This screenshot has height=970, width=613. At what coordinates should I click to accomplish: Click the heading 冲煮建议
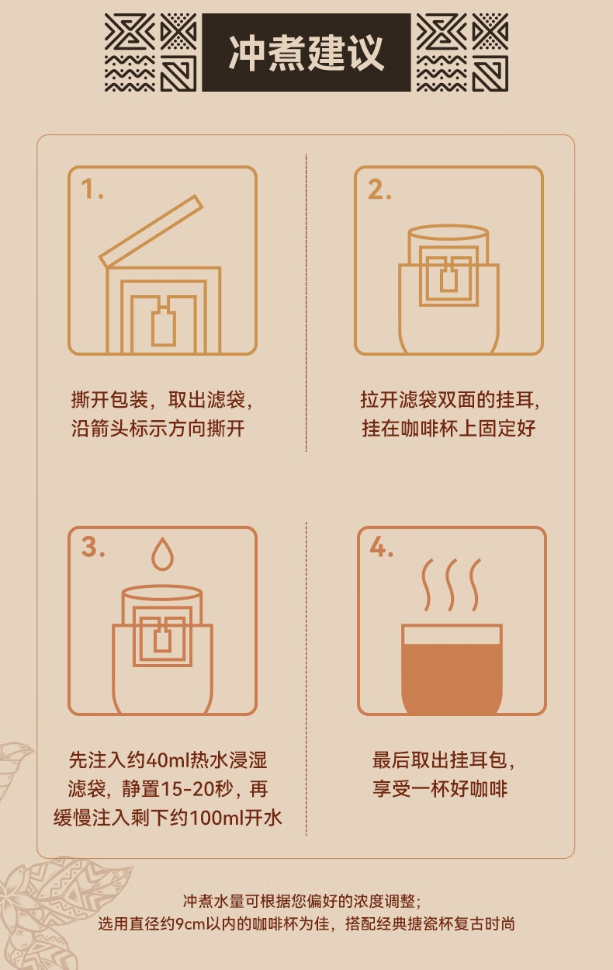click(306, 53)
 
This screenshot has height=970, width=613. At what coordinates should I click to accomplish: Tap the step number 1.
click(92, 189)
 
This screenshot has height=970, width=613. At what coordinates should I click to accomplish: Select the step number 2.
click(379, 189)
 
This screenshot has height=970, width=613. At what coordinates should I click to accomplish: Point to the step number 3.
click(93, 546)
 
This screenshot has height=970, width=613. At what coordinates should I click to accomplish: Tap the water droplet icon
click(163, 554)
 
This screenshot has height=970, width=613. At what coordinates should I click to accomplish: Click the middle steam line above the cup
click(451, 585)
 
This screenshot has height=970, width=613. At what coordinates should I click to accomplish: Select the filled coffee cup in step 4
click(452, 668)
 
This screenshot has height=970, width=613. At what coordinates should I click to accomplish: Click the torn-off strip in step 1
click(151, 231)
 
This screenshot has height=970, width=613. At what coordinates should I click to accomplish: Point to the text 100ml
click(216, 818)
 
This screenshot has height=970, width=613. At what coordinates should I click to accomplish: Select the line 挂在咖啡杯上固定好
click(448, 428)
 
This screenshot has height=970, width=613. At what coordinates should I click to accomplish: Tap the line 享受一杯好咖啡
click(440, 789)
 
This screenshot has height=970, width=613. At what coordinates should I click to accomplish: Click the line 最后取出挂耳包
click(443, 760)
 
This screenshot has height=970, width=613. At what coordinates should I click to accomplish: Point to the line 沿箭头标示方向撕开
click(158, 428)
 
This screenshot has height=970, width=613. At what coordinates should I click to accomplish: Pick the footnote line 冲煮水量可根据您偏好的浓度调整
click(302, 901)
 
